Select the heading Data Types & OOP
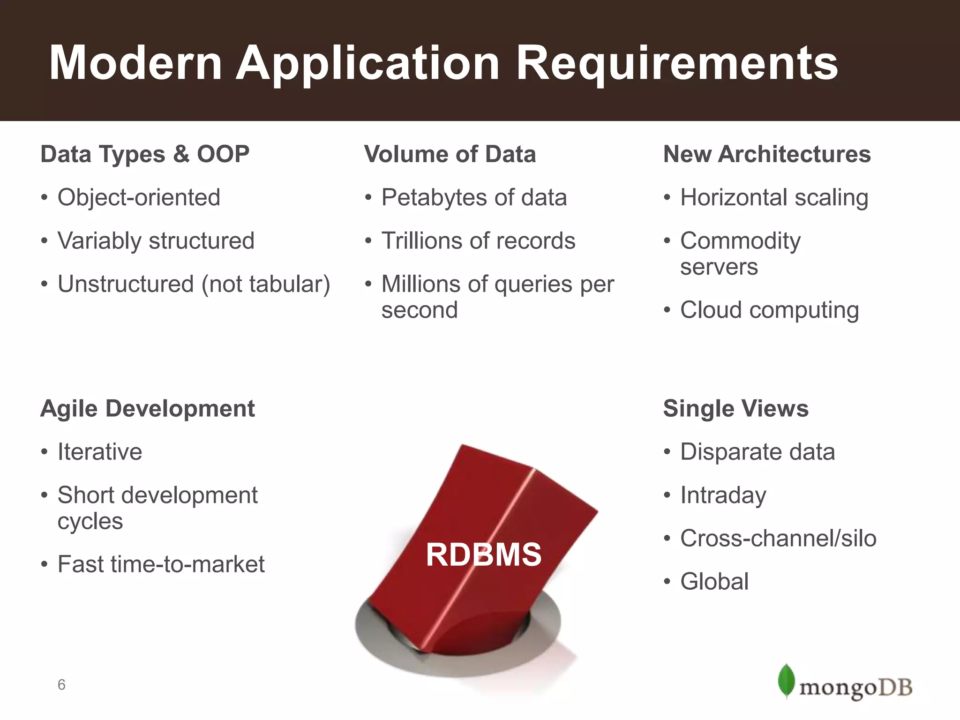(145, 154)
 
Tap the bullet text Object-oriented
(139, 197)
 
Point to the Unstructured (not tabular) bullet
(194, 284)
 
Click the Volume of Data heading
(450, 154)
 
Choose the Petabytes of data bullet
(473, 197)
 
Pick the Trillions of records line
(478, 241)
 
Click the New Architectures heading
(767, 154)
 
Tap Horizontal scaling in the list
(774, 197)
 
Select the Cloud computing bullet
(769, 310)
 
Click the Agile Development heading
(148, 408)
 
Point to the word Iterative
(99, 452)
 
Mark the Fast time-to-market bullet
(161, 564)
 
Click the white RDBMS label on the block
(483, 555)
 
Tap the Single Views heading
(735, 408)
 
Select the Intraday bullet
(723, 495)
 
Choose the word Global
(714, 582)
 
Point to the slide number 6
(61, 685)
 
